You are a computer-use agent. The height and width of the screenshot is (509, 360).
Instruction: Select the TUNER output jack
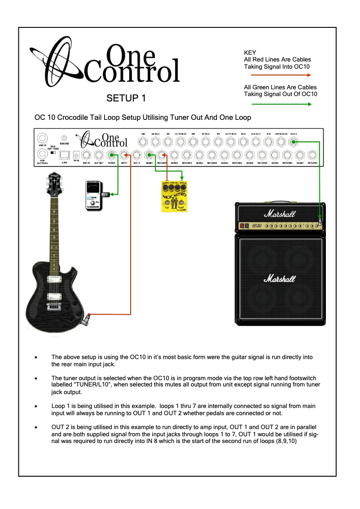pyautogui.click(x=111, y=155)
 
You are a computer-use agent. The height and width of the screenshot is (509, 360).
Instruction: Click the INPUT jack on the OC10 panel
pyautogui.click(x=124, y=155)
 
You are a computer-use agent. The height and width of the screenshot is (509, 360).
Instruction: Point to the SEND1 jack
pyautogui.click(x=149, y=155)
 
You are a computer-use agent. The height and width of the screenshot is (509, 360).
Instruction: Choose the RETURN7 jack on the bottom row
pyautogui.click(x=312, y=155)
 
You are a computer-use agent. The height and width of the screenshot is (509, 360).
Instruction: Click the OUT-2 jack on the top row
pyautogui.click(x=294, y=142)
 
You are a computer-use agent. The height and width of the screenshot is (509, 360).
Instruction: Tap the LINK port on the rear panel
pyautogui.click(x=64, y=155)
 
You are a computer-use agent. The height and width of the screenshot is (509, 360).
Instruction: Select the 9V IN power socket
pyautogui.click(x=76, y=155)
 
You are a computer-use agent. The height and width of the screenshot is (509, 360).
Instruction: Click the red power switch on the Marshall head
pyautogui.click(x=243, y=225)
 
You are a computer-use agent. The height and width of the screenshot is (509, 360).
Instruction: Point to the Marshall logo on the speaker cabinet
pyautogui.click(x=280, y=278)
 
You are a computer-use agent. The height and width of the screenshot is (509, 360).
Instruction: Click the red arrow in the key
pyautogui.click(x=277, y=76)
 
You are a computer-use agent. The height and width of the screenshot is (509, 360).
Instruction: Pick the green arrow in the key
pyautogui.click(x=277, y=104)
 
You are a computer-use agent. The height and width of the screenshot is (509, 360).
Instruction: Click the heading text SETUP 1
pyautogui.click(x=126, y=97)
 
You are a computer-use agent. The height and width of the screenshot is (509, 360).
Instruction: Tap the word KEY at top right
pyautogui.click(x=250, y=53)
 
